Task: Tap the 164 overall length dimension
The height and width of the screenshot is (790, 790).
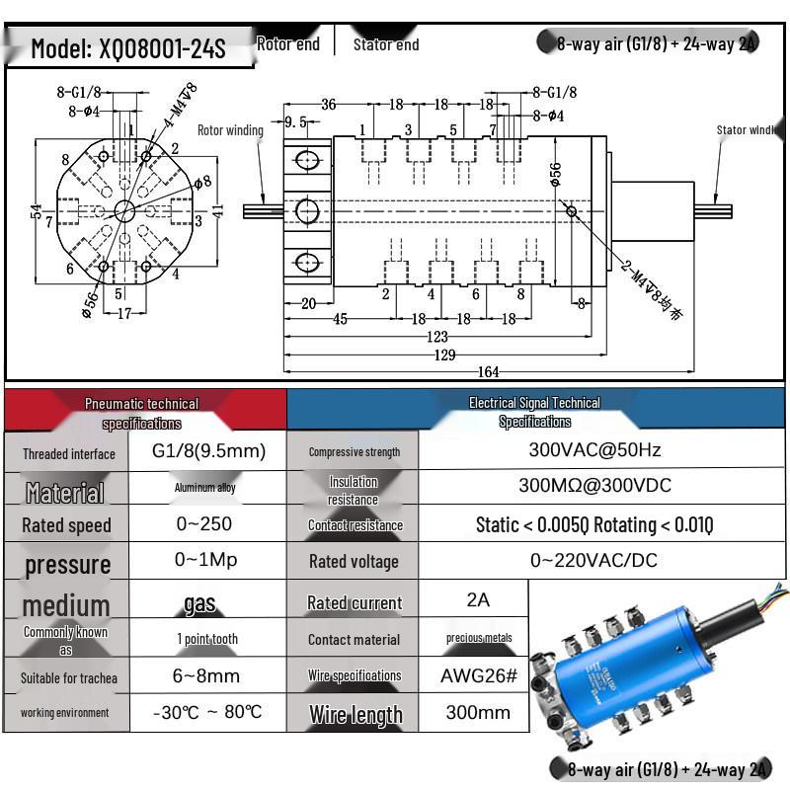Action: pos(488,372)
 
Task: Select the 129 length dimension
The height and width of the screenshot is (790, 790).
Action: pos(446,355)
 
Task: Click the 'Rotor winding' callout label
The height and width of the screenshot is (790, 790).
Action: pos(230,130)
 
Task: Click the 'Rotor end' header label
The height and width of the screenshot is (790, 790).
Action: pos(288,43)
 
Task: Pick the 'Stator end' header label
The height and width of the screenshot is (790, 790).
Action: pos(386,44)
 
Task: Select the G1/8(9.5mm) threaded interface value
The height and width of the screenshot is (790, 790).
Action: pos(208,451)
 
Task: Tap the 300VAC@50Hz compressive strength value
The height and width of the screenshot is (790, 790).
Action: pos(594,450)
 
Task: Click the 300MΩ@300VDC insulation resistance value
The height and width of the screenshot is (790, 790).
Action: pos(594,486)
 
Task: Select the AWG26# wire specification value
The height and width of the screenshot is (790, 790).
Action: pos(478,676)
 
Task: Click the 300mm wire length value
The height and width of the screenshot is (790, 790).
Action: pos(478,712)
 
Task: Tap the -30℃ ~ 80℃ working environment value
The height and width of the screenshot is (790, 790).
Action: pos(208,712)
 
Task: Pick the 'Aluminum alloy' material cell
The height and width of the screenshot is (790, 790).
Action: pos(205,488)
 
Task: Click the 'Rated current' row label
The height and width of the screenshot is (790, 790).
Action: pos(355,602)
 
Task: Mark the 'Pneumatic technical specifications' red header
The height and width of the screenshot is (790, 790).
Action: pos(141,413)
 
